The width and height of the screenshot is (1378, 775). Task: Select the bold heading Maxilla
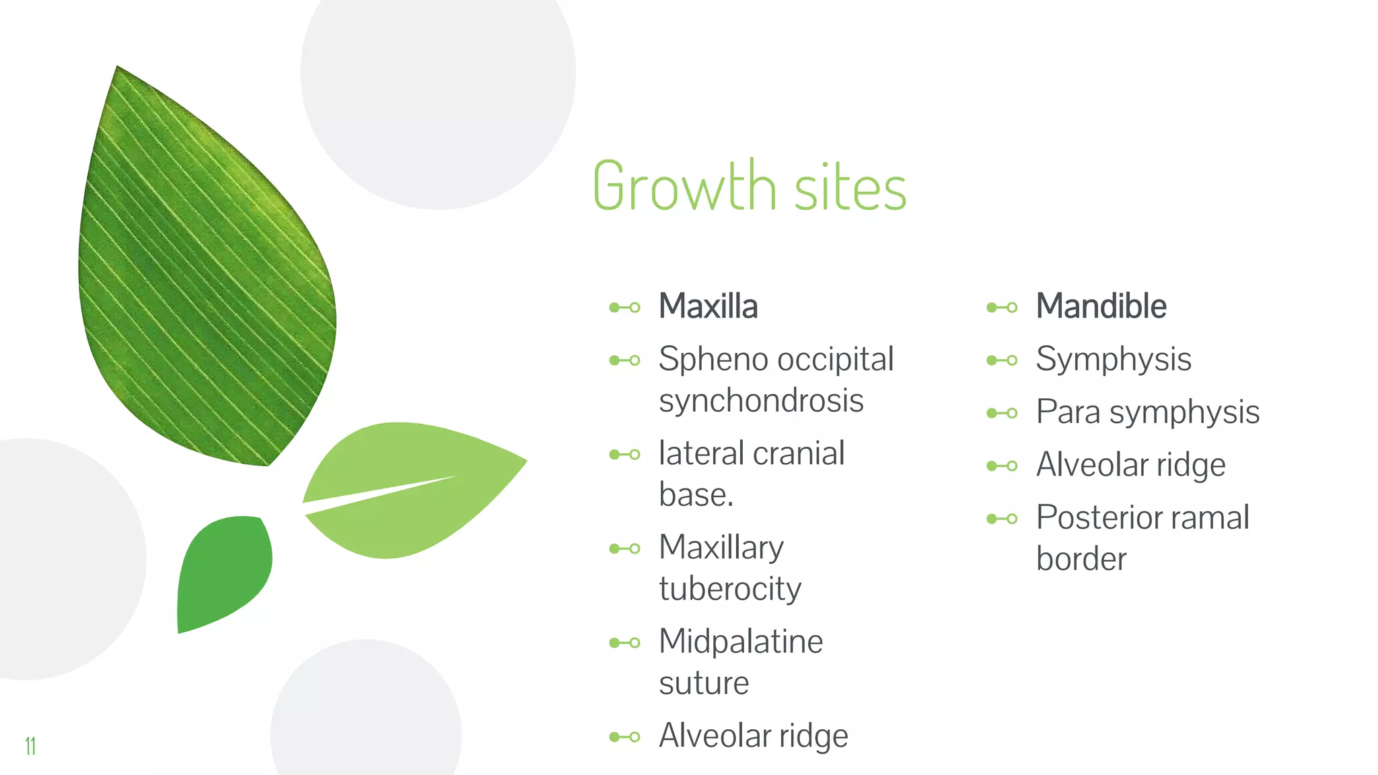coord(708,306)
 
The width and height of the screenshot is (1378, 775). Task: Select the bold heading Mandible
coord(1101,306)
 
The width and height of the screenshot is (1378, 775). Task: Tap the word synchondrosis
coord(761,402)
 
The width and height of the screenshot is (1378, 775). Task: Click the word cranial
coord(799,453)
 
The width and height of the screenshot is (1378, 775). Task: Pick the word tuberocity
coord(730,589)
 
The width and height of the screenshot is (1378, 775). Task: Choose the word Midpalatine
coord(741,641)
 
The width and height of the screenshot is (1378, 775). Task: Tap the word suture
coord(704,684)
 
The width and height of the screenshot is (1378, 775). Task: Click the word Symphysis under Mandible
coord(1114,359)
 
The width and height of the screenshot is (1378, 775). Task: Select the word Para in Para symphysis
coord(1068,412)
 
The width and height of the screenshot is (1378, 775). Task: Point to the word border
coord(1081,559)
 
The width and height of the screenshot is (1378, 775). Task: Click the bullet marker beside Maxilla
coord(624,307)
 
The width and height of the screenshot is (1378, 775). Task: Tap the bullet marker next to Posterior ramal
coord(1002,519)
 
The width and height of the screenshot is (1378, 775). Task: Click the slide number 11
coord(30,745)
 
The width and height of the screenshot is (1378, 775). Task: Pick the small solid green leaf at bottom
coord(222,572)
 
